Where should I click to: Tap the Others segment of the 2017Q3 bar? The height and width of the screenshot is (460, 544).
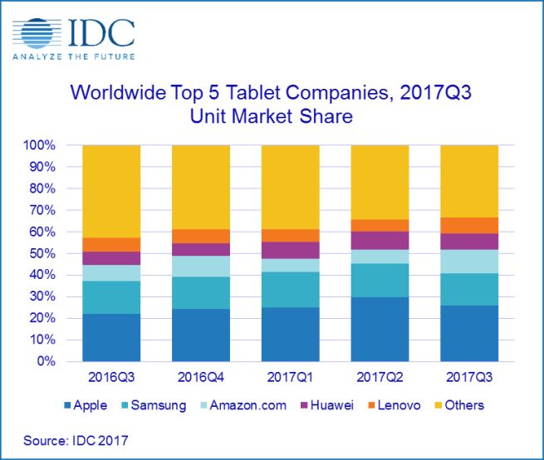[468, 181]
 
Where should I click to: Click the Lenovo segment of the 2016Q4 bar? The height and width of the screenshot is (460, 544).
[200, 236]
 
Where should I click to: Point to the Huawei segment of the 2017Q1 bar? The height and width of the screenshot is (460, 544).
[290, 250]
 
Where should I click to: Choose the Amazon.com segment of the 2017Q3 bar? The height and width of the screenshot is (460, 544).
[468, 261]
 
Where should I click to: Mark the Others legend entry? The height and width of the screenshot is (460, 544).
[458, 405]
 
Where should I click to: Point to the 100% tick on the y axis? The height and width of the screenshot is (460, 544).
[41, 145]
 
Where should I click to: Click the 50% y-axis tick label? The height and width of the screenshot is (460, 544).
[44, 253]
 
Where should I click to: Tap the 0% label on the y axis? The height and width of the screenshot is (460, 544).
[47, 362]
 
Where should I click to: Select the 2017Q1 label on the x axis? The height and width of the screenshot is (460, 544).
[290, 378]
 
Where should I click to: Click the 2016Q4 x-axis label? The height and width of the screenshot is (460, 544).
[200, 378]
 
